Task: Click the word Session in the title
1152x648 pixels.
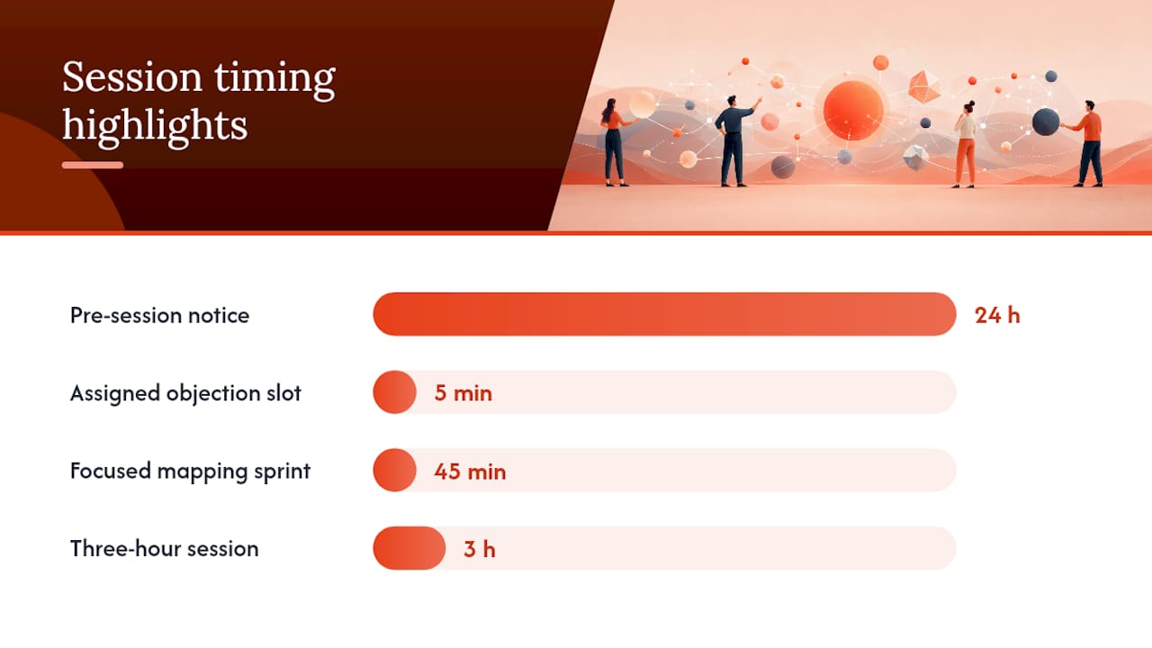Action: click(x=132, y=77)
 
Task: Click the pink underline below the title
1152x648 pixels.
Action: click(x=93, y=165)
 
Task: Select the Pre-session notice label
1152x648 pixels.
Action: click(x=159, y=315)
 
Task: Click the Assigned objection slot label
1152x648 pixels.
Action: click(x=185, y=393)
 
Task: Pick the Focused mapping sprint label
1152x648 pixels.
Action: click(x=190, y=472)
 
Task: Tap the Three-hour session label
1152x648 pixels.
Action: click(x=164, y=549)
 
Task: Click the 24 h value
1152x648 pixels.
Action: click(x=997, y=315)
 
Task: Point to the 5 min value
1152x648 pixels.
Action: click(x=463, y=393)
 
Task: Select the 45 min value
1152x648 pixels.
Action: click(x=470, y=472)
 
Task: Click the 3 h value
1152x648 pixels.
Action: click(x=480, y=549)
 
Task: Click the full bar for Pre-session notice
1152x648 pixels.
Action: click(x=664, y=314)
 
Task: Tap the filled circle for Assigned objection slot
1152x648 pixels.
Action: click(x=394, y=391)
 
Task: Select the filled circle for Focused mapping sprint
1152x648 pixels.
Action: click(x=394, y=470)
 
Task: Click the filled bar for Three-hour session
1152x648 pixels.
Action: click(x=409, y=548)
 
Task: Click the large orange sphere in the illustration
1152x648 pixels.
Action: click(x=853, y=111)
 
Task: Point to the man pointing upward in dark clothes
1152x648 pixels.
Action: click(x=735, y=139)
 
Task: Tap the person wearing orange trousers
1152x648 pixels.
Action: click(x=965, y=144)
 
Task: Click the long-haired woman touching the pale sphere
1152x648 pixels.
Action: click(x=615, y=142)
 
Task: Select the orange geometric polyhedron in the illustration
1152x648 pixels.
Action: click(x=924, y=87)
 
